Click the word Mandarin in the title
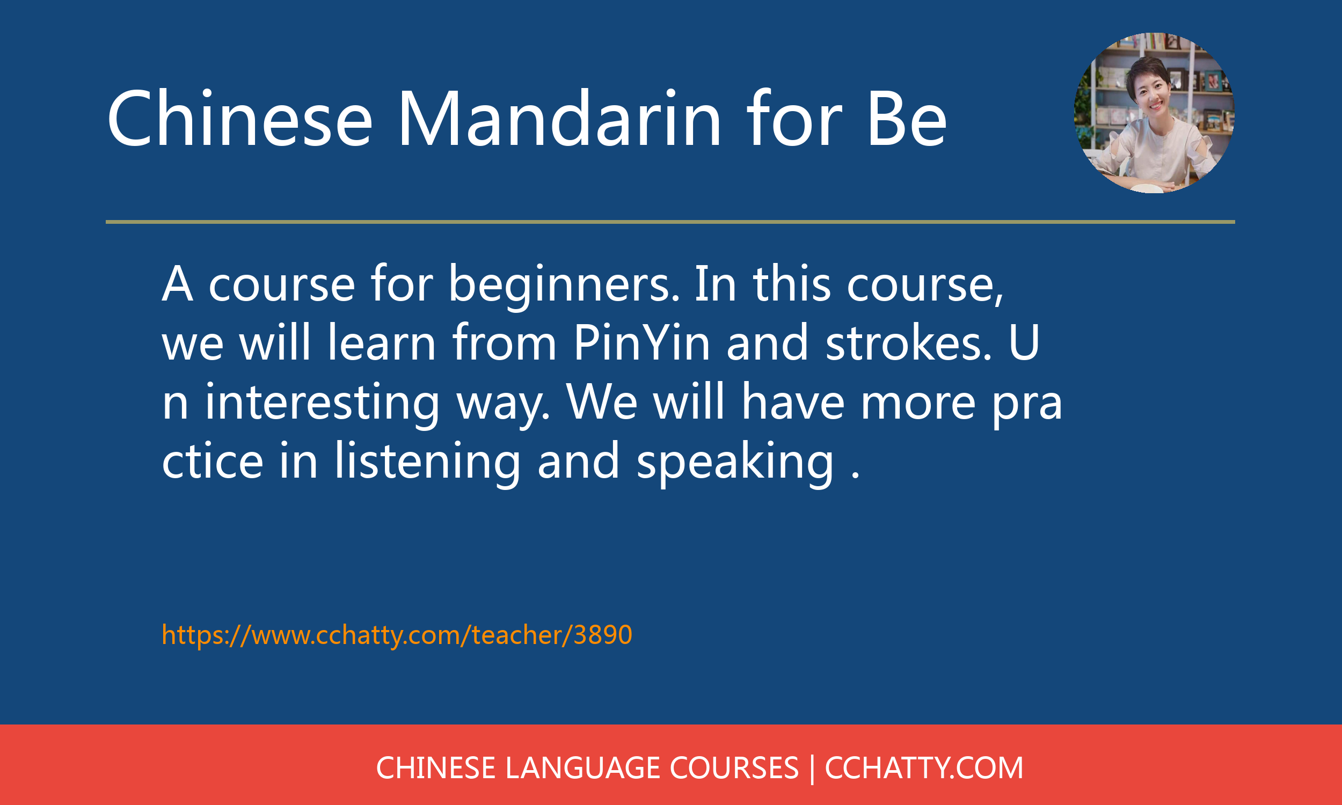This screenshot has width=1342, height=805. [559, 118]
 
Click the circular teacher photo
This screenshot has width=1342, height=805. [1154, 113]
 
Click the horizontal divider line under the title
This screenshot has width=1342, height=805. [670, 222]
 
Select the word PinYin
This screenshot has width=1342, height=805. [641, 342]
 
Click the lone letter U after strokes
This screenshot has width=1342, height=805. [1024, 342]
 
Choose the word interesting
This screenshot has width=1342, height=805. [322, 404]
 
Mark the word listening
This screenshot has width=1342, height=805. [427, 462]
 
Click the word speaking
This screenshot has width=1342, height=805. [734, 462]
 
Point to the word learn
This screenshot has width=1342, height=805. [382, 342]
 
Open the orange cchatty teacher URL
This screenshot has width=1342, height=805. [397, 635]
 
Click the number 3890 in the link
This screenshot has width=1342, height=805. [603, 635]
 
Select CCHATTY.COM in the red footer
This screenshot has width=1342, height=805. [924, 768]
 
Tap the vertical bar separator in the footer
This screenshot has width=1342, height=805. [812, 769]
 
